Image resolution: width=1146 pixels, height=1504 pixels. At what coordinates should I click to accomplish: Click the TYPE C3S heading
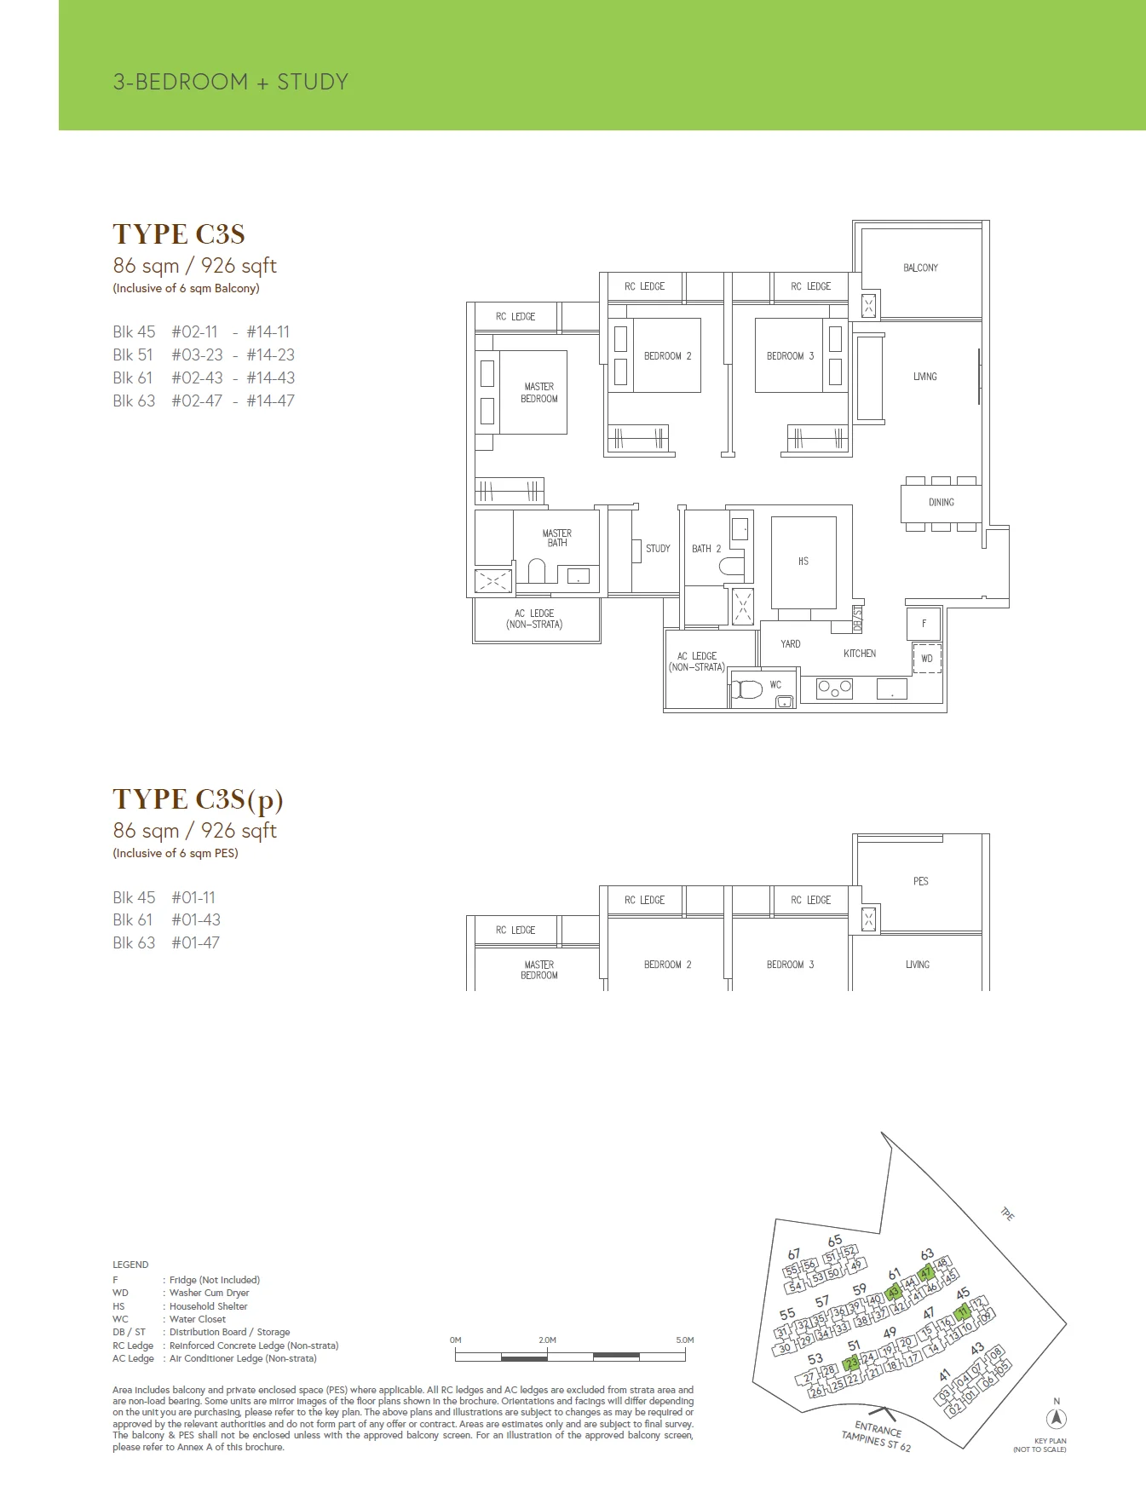point(179,234)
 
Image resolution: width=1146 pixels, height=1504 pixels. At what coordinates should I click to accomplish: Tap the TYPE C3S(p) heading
point(198,799)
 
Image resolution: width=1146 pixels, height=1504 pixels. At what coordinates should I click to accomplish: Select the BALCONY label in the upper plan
point(920,268)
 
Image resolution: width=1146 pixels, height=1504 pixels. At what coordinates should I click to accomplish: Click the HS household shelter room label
point(803,562)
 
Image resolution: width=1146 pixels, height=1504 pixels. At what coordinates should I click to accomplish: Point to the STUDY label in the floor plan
point(658,549)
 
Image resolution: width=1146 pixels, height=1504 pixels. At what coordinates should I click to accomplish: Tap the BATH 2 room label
point(706,549)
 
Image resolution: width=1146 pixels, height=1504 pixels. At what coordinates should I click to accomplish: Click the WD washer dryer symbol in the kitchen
point(927,659)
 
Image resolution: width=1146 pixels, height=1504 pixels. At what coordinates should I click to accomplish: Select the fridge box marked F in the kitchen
point(924,624)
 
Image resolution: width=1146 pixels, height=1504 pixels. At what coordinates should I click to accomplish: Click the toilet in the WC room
point(747,689)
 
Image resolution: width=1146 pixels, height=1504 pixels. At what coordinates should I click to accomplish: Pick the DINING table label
point(942,503)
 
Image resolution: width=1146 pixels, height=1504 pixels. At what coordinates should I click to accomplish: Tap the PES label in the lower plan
point(920,881)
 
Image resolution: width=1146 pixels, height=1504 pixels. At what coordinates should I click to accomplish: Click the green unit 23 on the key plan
point(850,1364)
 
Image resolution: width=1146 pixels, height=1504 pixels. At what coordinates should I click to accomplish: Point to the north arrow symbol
point(1057,1418)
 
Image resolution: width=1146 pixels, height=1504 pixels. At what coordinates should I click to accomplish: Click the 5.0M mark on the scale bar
point(684,1340)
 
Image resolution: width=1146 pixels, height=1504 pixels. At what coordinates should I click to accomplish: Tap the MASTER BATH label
point(557,538)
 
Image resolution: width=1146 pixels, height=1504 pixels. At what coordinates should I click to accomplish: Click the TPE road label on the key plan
point(1007,1215)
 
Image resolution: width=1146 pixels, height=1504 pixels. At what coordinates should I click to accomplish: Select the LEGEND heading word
point(130,1265)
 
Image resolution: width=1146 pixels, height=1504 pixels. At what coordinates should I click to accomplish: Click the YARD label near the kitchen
point(791,644)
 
